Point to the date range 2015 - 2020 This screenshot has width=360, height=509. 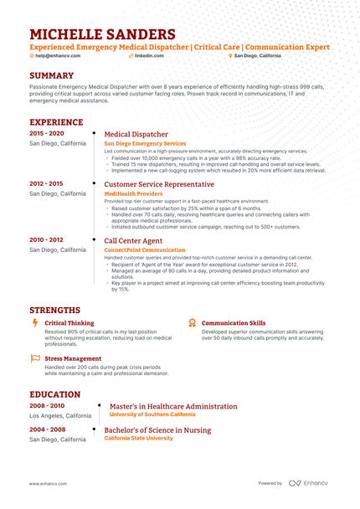[x=47, y=133]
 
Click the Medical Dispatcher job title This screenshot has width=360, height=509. [x=136, y=134]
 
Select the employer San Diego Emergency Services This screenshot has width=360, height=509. [x=145, y=144]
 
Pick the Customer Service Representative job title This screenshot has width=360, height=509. [x=159, y=183]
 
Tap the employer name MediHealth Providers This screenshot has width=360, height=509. [x=134, y=193]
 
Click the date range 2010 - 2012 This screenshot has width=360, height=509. [x=47, y=239]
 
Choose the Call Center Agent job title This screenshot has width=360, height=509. [x=134, y=239]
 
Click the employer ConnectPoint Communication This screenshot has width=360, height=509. [x=145, y=249]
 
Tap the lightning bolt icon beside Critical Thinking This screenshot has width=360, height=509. [x=34, y=322]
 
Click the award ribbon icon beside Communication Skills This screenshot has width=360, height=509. [x=192, y=322]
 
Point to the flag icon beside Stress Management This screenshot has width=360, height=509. [x=34, y=357]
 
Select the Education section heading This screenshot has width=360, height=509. [x=55, y=394]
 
